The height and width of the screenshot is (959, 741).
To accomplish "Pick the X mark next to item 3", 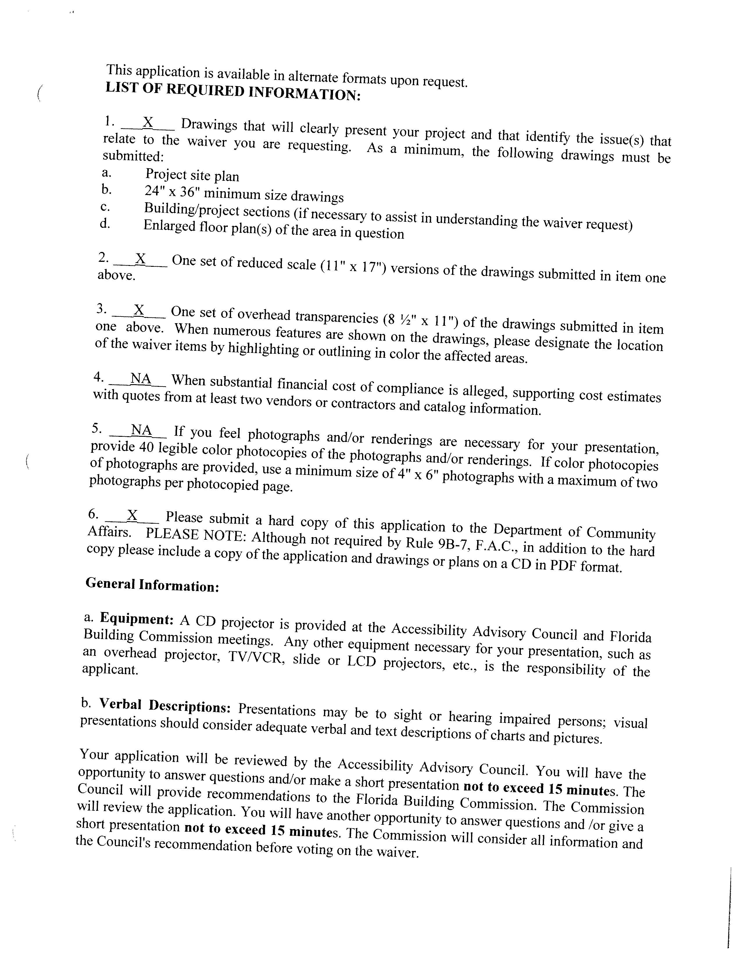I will click(x=139, y=310).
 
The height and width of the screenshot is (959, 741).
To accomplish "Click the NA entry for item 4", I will click(x=141, y=378).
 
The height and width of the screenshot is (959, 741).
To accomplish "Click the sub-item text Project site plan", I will click(x=192, y=176).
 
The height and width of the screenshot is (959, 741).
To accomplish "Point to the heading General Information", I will click(x=152, y=585).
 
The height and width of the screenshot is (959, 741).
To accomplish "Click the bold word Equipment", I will click(x=137, y=619).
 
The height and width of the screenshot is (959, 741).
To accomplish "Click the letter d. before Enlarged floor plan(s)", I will click(x=105, y=223).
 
